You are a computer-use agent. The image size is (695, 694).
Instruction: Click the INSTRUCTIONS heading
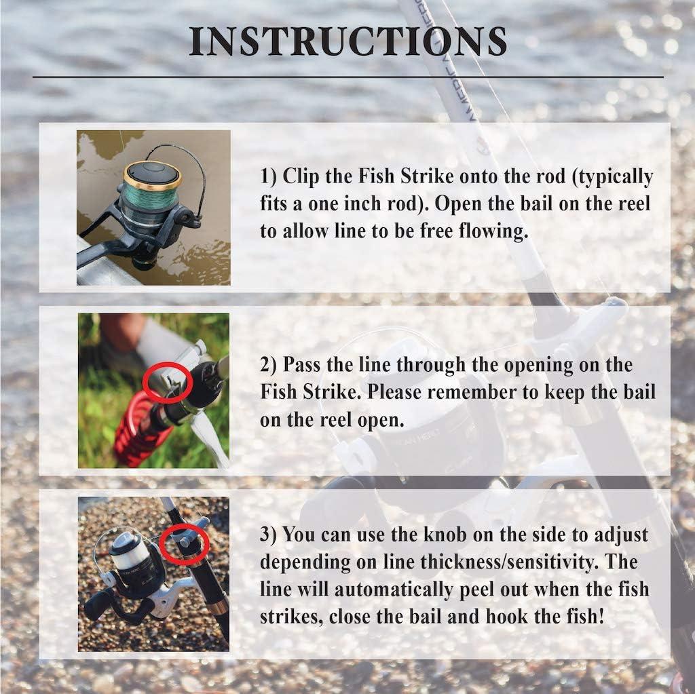tap(347, 42)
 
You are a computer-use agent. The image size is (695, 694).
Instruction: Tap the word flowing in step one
tap(488, 231)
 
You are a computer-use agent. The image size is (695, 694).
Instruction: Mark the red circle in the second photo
tap(168, 382)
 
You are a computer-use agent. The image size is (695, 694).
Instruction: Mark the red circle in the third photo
tap(184, 542)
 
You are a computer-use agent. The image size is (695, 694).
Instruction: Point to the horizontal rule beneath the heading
tap(347, 77)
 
